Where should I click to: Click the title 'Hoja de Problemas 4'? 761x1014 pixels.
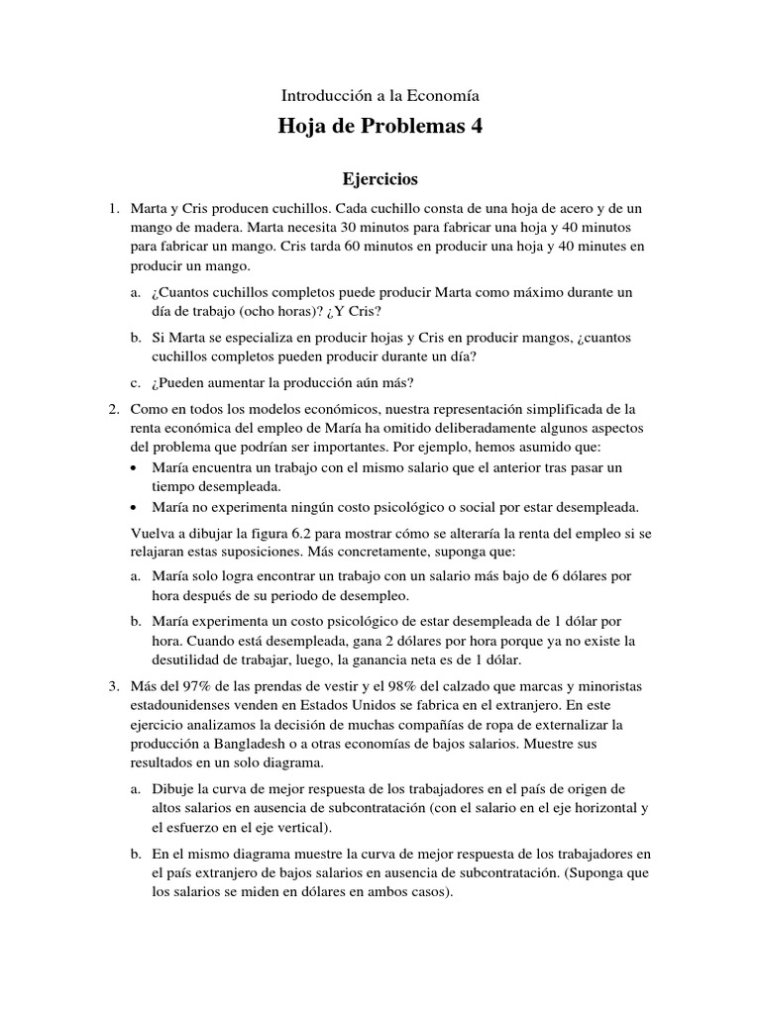tap(380, 129)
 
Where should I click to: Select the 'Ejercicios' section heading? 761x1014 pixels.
tap(380, 179)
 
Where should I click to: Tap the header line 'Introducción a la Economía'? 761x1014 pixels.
tap(380, 96)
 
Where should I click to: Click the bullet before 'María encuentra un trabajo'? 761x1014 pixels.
tap(136, 466)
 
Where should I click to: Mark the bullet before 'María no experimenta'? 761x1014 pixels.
tap(136, 506)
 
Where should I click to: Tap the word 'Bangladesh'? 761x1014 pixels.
tap(253, 743)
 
